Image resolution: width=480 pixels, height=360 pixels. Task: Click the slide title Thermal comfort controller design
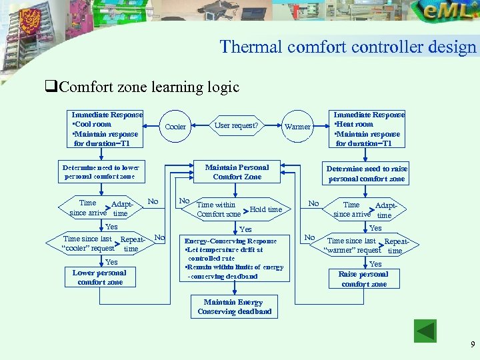click(348, 47)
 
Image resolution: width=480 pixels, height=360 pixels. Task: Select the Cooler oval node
click(175, 127)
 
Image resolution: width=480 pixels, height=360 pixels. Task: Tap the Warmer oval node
click(297, 127)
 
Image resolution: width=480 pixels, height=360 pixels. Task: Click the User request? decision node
click(236, 125)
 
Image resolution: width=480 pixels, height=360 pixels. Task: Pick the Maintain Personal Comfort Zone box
click(237, 172)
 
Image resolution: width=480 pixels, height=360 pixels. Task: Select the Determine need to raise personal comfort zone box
click(367, 173)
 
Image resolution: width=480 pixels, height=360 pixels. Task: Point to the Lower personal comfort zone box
click(99, 277)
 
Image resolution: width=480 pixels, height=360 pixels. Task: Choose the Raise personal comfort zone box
click(364, 279)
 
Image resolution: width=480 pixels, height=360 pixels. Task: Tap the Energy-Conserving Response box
click(234, 258)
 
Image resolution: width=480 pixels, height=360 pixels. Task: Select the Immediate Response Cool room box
click(107, 129)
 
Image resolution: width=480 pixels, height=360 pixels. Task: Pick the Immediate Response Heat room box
click(369, 129)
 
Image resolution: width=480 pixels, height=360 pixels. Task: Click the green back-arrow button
click(425, 331)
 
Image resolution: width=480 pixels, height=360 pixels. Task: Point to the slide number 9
click(472, 345)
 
